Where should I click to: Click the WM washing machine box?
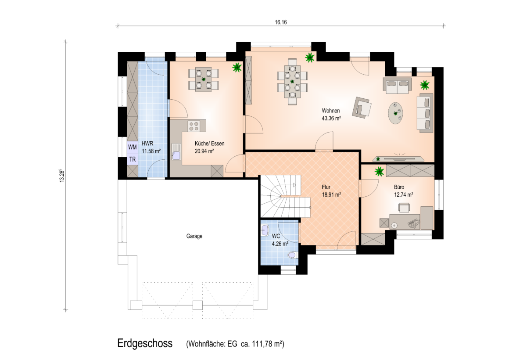click(133, 147)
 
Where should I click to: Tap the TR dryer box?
click(133, 159)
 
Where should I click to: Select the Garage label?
click(194, 236)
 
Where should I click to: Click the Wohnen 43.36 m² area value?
click(331, 119)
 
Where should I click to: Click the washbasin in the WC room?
click(265, 230)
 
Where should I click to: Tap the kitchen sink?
click(176, 152)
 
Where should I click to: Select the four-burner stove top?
click(194, 126)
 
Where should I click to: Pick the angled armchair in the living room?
click(362, 107)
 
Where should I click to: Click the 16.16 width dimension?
click(281, 22)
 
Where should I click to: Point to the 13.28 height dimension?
click(62, 176)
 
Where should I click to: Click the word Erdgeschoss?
click(145, 343)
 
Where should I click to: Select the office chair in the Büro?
click(404, 207)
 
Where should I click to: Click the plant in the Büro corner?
click(379, 171)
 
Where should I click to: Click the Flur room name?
click(326, 187)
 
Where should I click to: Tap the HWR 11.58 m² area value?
click(151, 151)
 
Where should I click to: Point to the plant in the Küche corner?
click(237, 67)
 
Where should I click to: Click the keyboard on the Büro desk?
click(413, 223)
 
